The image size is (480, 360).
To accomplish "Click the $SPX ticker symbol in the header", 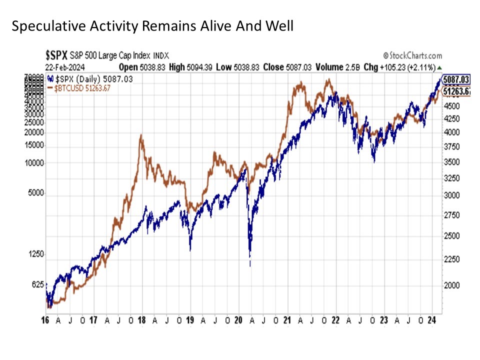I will pyautogui.click(x=56, y=56).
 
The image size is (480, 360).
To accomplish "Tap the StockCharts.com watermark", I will pyautogui.click(x=412, y=55).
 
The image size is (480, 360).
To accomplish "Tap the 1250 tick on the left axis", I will pyautogui.click(x=37, y=254).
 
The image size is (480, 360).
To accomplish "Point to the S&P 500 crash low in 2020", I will pyautogui.click(x=250, y=265).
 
